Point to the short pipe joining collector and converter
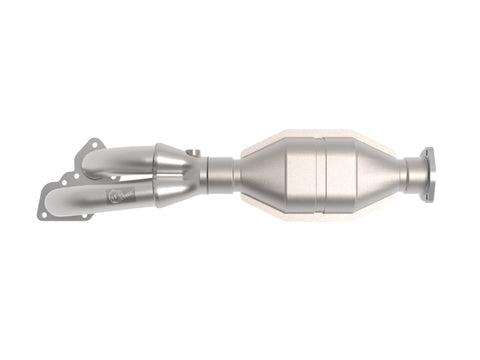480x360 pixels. (222, 176)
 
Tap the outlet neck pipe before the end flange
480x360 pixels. (412, 176)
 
